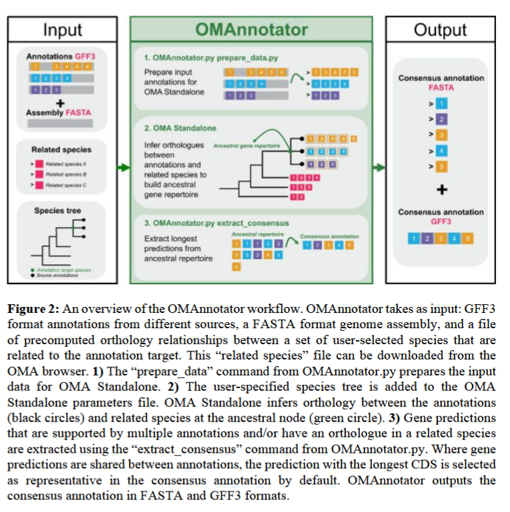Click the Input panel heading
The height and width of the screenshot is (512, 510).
(x=62, y=30)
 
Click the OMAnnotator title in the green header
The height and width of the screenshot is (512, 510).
(x=251, y=29)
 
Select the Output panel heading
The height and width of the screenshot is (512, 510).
(x=440, y=30)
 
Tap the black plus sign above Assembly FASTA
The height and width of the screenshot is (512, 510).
(x=59, y=103)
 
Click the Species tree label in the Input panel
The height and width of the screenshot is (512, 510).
(x=58, y=211)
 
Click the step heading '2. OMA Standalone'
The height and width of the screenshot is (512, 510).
(x=175, y=127)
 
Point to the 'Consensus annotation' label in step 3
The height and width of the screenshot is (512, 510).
(x=329, y=236)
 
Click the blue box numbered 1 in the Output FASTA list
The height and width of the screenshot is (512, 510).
(x=441, y=104)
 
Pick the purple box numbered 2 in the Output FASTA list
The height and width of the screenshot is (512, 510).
(x=441, y=119)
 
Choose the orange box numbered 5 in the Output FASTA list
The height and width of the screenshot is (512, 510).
(x=441, y=166)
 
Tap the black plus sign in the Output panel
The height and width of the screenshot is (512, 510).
(x=441, y=190)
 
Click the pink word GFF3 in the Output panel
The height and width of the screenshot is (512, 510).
(x=441, y=222)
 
